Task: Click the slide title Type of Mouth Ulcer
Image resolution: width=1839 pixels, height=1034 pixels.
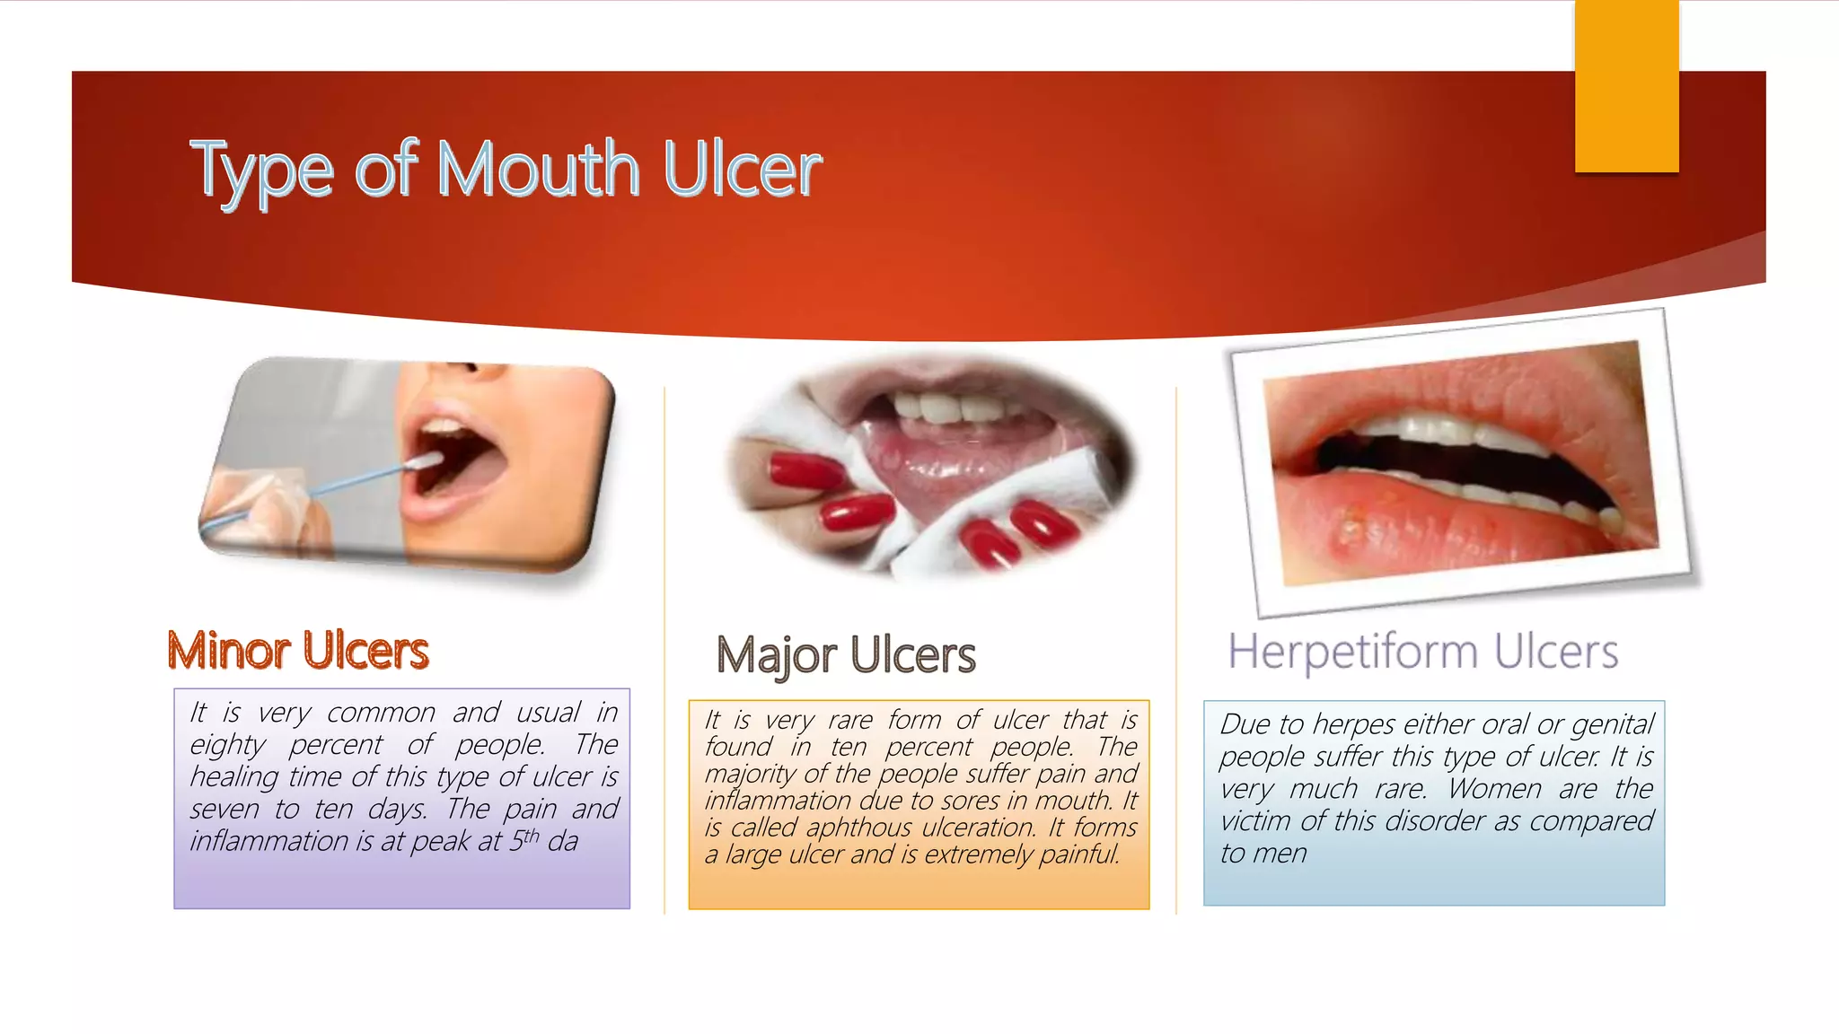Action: pos(506,170)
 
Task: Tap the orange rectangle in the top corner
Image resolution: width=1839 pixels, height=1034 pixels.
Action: pos(1626,85)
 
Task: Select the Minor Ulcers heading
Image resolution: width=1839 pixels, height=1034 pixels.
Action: pos(298,651)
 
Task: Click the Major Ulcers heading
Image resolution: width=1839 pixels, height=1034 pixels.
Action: pos(845,655)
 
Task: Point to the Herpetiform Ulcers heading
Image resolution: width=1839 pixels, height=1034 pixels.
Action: pos(1422,652)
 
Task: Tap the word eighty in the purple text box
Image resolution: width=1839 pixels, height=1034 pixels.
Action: pos(227,745)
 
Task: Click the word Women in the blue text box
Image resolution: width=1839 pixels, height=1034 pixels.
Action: pos(1496,789)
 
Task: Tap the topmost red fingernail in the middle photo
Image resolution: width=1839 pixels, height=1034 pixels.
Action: pos(804,470)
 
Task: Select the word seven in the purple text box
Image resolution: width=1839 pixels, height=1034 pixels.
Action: pos(224,810)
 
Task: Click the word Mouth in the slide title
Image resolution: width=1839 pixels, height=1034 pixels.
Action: pos(537,170)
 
